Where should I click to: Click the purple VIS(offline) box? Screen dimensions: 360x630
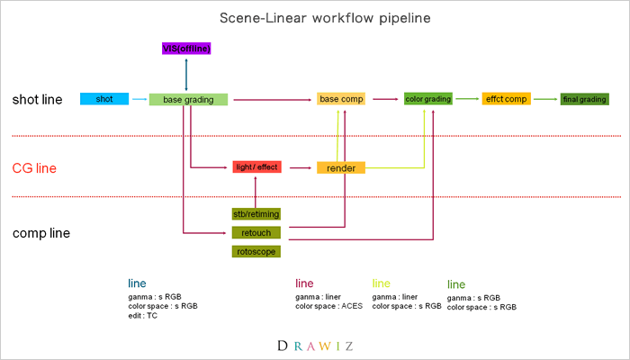(186, 48)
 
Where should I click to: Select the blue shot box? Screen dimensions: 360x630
(104, 98)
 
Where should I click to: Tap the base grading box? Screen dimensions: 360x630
(189, 99)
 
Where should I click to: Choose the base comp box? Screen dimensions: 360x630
(341, 99)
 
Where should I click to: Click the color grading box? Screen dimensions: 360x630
(427, 98)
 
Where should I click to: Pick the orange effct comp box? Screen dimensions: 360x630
(506, 98)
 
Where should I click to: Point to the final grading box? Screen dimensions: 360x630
(584, 99)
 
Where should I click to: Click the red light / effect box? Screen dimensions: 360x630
(256, 167)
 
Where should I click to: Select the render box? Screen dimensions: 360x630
(340, 167)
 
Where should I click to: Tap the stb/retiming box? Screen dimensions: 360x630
(256, 214)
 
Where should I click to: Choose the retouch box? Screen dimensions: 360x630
(256, 232)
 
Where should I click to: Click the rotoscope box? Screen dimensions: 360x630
(256, 251)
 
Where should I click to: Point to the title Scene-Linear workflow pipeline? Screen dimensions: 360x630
(314, 18)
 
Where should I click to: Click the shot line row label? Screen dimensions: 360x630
(38, 99)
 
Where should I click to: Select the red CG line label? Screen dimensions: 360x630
(34, 167)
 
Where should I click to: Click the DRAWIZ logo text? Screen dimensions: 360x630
(314, 345)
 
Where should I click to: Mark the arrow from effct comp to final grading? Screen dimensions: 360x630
(544, 99)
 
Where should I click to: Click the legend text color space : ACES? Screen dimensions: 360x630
(328, 306)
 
